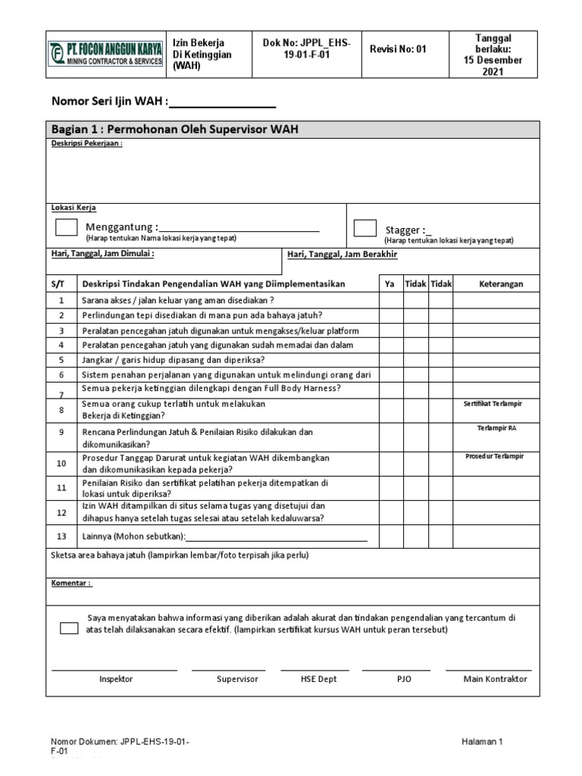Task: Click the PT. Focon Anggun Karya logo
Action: [106, 55]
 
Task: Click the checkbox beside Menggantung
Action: [66, 228]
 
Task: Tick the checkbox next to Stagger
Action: [365, 228]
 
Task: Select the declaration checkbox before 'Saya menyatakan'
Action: [69, 628]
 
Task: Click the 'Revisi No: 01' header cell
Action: [398, 49]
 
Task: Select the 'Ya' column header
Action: [390, 283]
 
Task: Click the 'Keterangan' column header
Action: [501, 283]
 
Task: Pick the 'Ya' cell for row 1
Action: [390, 299]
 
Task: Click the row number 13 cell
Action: [62, 537]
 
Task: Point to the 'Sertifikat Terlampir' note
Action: [493, 404]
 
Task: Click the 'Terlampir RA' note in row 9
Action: [496, 428]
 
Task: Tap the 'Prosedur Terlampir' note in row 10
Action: [494, 456]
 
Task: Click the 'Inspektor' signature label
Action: [116, 679]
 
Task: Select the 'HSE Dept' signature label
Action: [318, 679]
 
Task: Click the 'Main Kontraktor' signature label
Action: [495, 679]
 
